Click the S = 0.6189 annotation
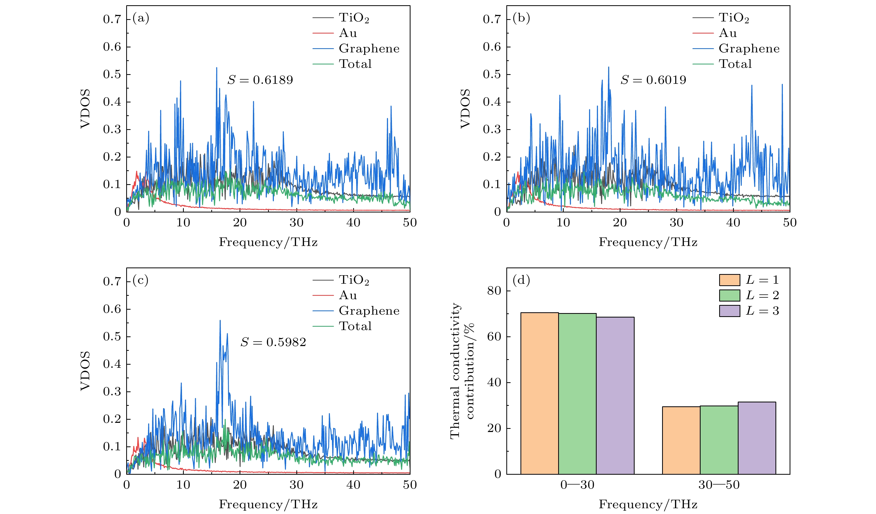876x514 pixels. pos(260,80)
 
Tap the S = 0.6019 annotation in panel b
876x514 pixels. pos(653,80)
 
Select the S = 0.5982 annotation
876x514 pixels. pos(273,342)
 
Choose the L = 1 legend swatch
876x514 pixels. pos(729,280)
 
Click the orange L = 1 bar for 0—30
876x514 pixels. pos(540,393)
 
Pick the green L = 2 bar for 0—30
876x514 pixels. pos(577,393)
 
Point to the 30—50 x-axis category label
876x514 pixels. pos(719,485)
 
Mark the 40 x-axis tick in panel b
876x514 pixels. pos(733,223)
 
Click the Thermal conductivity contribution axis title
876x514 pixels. pos(461,371)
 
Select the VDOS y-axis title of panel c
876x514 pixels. pos(85,371)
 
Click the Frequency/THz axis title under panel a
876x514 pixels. pos(268,242)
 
